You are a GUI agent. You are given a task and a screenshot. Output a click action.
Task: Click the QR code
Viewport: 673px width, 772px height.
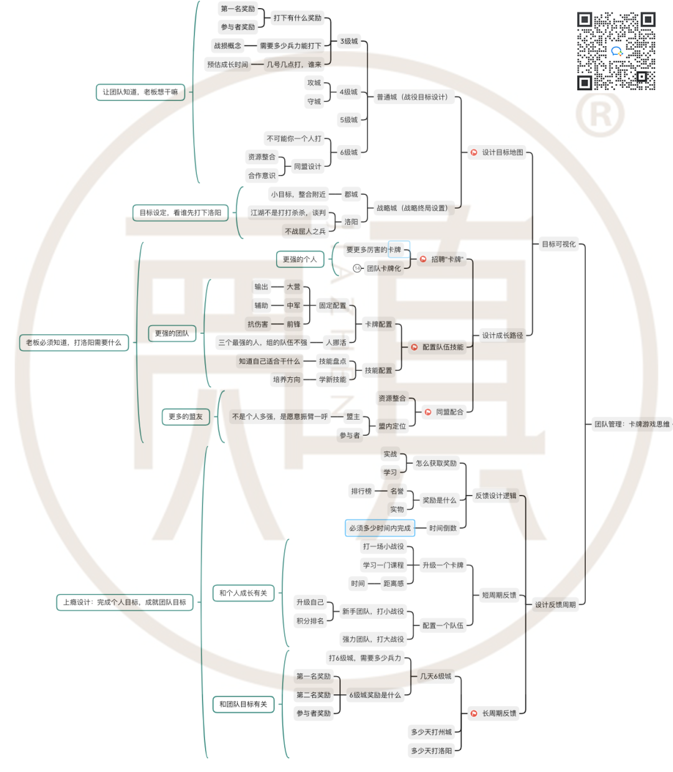point(616,51)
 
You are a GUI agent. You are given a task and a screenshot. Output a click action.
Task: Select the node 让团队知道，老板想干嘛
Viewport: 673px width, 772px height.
point(140,92)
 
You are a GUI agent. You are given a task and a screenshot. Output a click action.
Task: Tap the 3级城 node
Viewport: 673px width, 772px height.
point(349,42)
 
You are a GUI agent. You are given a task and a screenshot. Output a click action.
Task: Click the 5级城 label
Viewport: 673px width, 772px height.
point(349,120)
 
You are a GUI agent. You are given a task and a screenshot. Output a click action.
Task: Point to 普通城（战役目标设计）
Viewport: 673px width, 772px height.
point(412,97)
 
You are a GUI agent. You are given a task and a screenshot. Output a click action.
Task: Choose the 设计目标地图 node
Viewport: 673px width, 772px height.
point(502,153)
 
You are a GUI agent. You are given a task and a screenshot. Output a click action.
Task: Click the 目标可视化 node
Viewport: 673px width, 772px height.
point(558,244)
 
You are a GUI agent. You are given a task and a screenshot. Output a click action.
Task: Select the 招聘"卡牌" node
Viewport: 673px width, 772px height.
point(447,260)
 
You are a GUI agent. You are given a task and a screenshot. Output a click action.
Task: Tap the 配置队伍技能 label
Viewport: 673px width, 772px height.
point(442,347)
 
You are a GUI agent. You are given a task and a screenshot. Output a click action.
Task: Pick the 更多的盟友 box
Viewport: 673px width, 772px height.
point(186,417)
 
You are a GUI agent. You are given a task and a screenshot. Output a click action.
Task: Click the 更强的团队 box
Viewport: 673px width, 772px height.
point(172,334)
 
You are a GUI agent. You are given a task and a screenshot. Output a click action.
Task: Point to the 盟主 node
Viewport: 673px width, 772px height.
point(353,417)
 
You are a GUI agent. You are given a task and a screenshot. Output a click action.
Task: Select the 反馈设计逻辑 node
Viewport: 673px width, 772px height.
point(495,496)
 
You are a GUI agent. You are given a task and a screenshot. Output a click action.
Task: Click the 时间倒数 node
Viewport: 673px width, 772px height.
point(442,528)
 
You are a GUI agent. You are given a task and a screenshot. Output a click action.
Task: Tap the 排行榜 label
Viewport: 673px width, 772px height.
point(361,491)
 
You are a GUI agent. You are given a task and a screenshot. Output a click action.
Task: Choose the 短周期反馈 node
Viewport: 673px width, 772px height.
point(499,595)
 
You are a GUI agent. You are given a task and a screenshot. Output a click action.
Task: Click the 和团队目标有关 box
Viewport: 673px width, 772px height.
point(243,704)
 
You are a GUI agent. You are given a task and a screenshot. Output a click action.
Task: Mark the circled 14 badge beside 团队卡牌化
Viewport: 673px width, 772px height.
point(357,268)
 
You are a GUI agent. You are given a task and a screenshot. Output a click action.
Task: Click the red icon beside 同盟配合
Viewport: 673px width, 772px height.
point(428,412)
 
